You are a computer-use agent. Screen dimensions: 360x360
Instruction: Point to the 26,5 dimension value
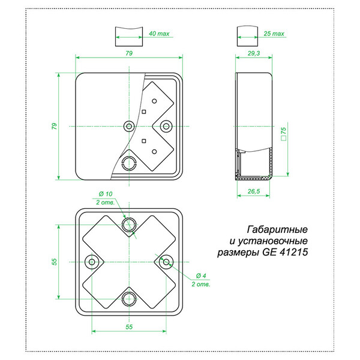pyautogui.click(x=253, y=191)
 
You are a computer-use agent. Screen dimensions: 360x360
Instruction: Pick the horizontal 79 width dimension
pyautogui.click(x=128, y=53)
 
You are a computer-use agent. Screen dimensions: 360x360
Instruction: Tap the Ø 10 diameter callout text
pyautogui.click(x=106, y=194)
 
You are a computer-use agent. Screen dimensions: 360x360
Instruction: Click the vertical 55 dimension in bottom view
pyautogui.click(x=53, y=262)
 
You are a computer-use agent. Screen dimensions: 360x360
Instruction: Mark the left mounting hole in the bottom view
pyautogui.click(x=92, y=262)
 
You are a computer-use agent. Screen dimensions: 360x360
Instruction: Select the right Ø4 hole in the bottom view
pyautogui.click(x=166, y=262)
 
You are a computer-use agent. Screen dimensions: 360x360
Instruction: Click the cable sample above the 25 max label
pyautogui.click(x=247, y=34)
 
